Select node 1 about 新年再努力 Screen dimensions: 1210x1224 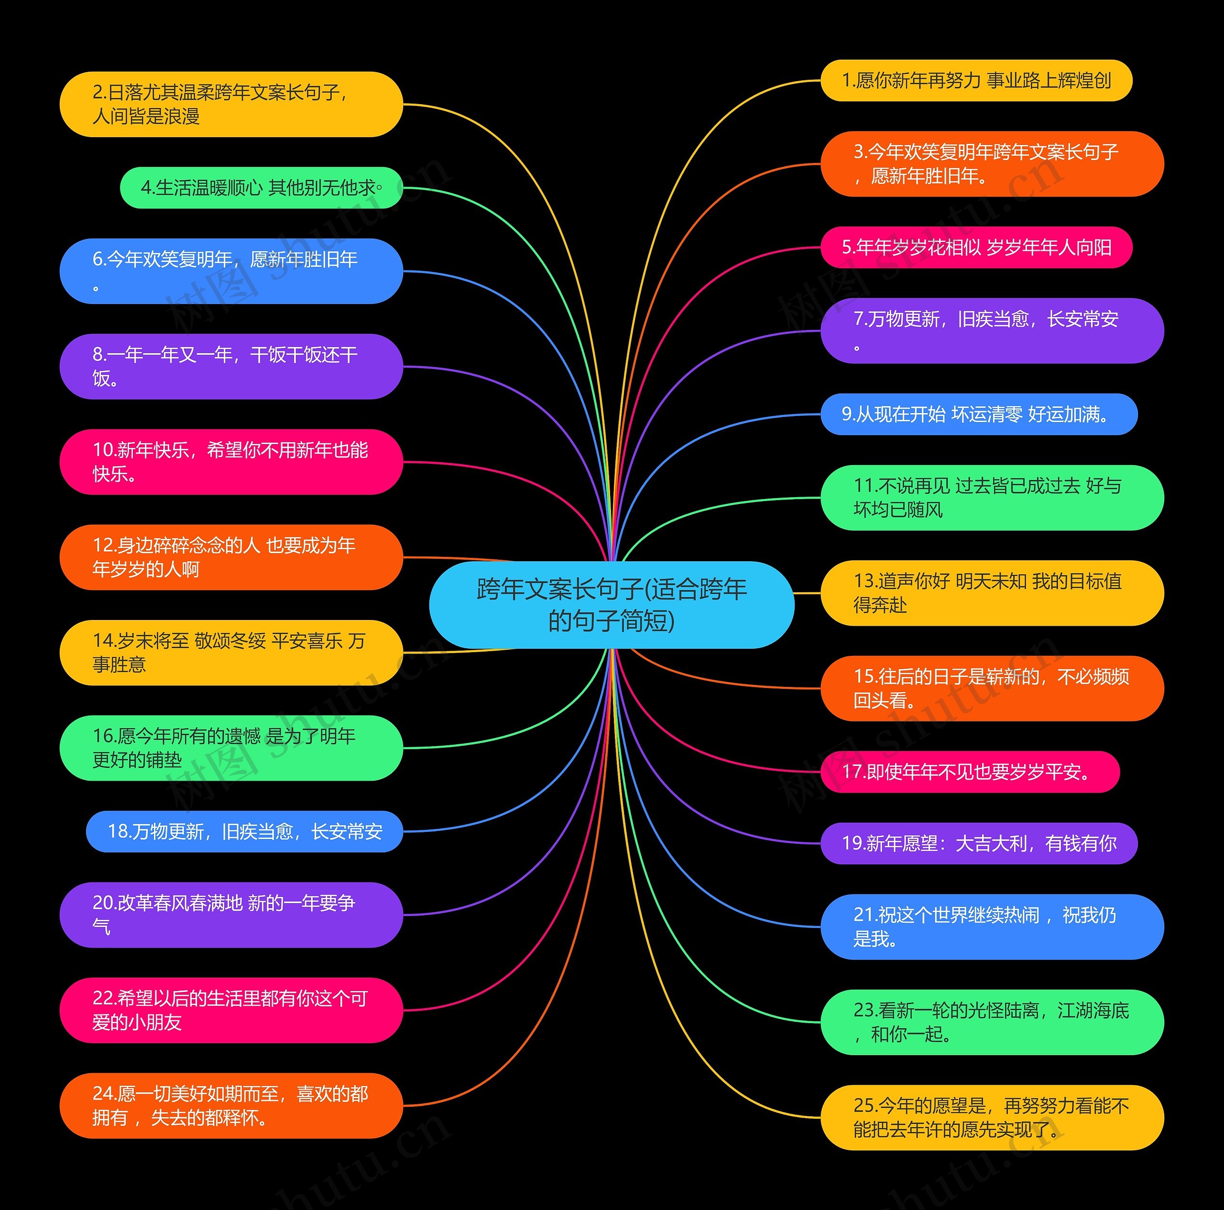976,80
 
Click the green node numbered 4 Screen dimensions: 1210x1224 261,187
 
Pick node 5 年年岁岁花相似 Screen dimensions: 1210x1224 976,247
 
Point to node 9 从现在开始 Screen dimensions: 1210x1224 979,414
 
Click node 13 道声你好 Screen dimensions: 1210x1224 992,593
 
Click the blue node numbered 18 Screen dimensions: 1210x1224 244,831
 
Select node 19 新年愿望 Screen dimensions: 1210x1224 979,843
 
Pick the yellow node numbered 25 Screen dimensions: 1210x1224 992,1118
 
